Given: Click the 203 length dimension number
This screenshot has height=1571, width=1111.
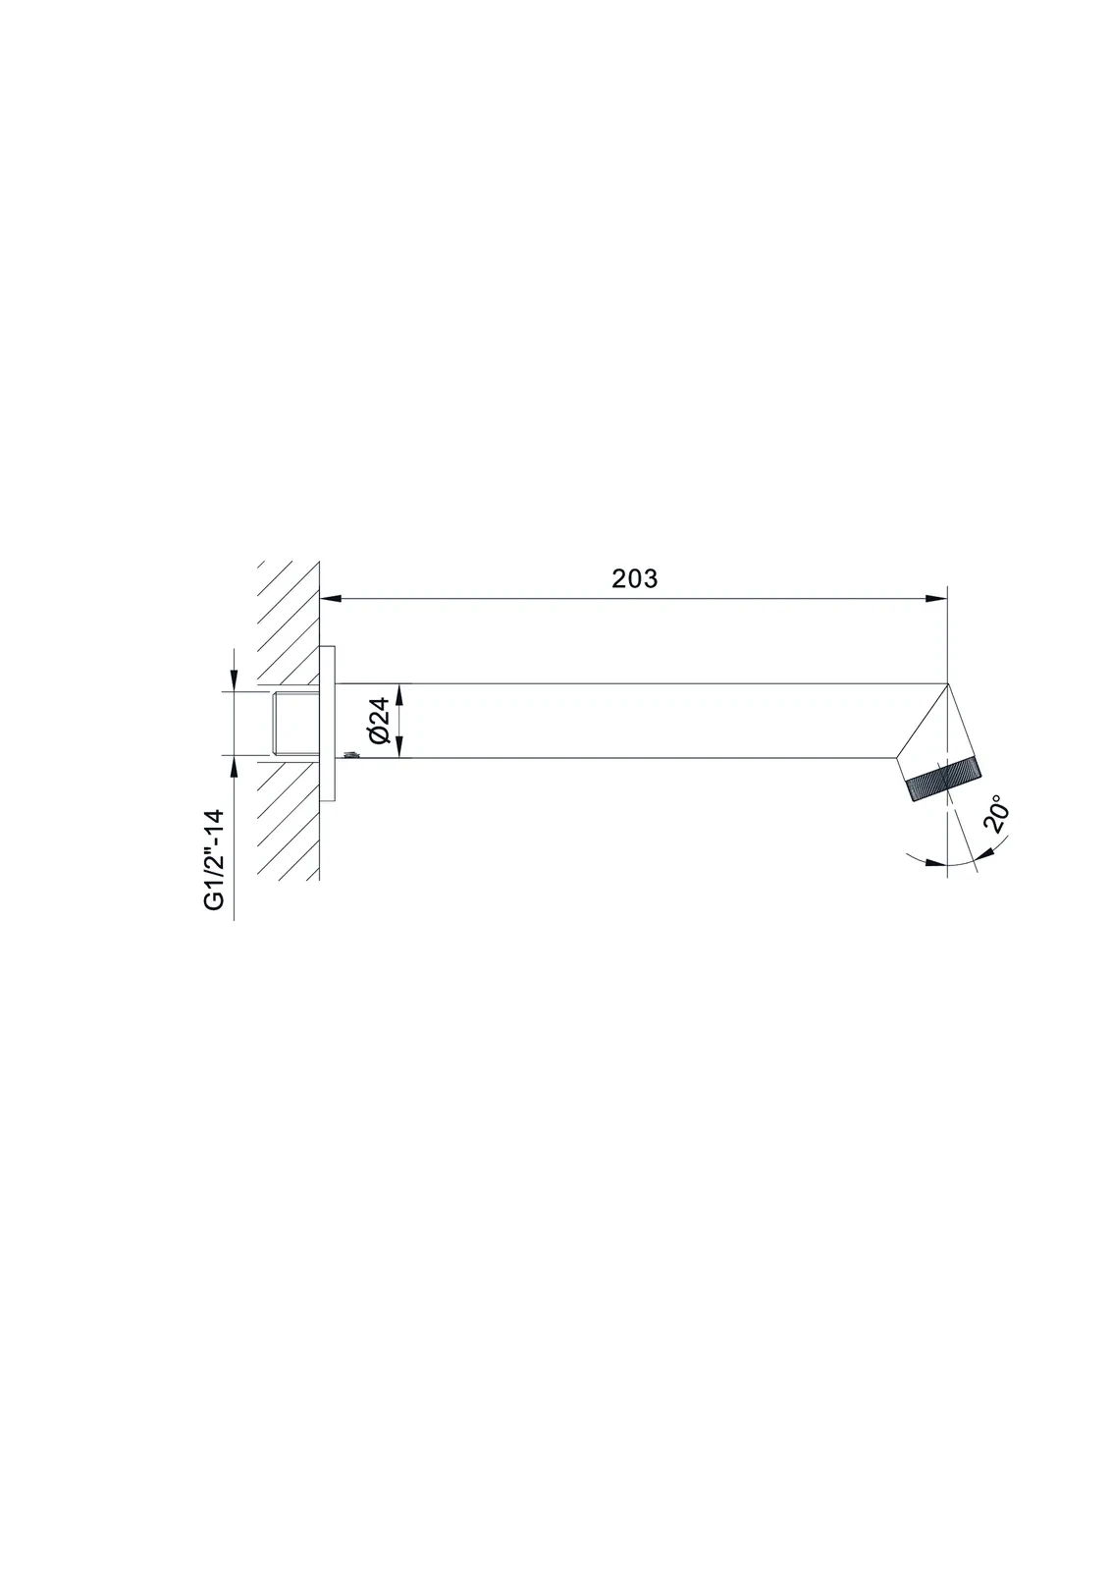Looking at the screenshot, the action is coord(634,578).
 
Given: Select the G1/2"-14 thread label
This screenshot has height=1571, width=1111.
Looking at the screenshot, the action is coord(214,860).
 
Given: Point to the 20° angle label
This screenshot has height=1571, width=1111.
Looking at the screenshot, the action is coord(997,814).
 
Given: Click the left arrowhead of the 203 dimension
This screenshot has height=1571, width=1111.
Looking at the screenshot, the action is coord(331,598).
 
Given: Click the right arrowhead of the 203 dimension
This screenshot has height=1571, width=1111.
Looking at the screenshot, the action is coord(936,598).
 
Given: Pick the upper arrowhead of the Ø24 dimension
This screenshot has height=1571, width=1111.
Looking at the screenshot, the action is coord(398,694).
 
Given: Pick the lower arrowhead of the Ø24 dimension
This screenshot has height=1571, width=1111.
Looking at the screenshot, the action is coord(398,747).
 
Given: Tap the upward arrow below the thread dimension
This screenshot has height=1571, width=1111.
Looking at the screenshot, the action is coord(235,767).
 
